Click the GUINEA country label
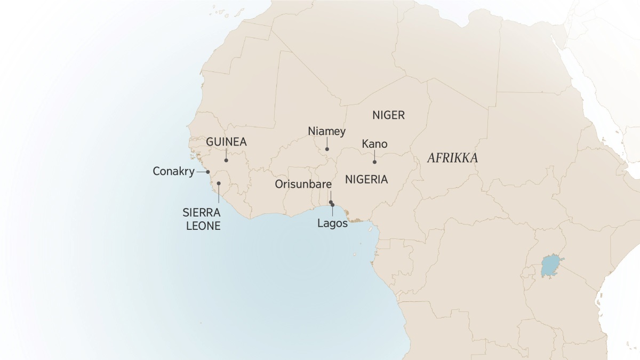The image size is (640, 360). coord(226,142)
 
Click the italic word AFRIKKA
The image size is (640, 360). coord(452,158)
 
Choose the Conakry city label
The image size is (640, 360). coord(173,172)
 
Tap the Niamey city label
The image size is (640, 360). coord(327,131)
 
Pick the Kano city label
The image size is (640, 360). coord(374,145)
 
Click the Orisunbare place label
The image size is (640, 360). coord(303,185)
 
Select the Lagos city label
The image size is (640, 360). coord(332,223)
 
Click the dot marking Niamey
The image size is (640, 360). coord(327,149)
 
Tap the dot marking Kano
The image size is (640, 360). coord(374,162)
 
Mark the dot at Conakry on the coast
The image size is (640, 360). coord(208,172)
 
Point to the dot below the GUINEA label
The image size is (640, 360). coord(226,160)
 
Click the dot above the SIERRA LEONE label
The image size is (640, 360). coord(219,183)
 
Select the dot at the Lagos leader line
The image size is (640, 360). coord(333,205)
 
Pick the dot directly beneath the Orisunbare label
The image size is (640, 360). coord(331,202)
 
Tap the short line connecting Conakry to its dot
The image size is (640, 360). coord(202,172)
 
